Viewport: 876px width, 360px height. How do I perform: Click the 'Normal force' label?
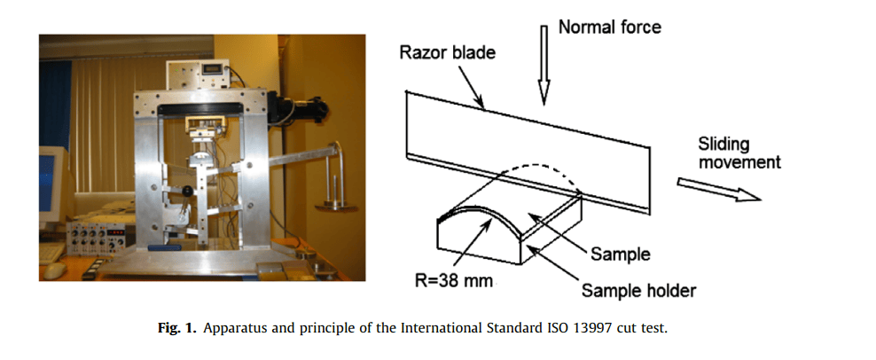609,27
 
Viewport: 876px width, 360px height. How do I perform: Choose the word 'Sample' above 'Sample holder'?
620,254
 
